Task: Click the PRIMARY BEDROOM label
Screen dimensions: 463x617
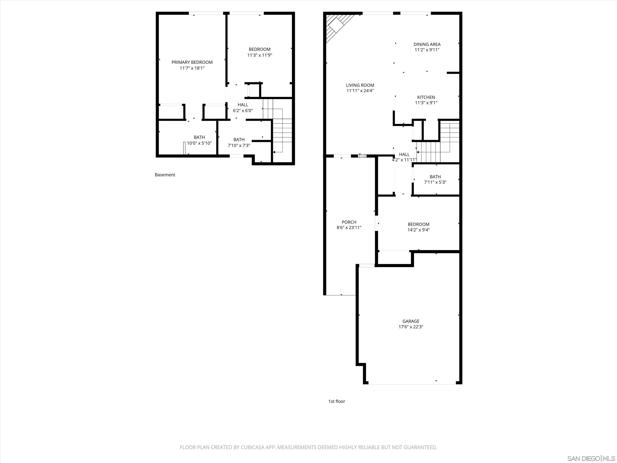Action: click(x=192, y=62)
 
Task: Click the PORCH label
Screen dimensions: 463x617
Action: click(x=349, y=222)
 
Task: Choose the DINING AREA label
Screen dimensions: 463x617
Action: click(x=427, y=44)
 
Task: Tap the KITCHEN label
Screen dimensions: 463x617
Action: click(x=426, y=97)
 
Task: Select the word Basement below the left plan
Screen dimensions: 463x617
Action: click(x=165, y=175)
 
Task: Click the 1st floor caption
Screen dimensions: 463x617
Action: click(x=336, y=401)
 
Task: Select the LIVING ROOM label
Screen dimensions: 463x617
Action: click(x=360, y=85)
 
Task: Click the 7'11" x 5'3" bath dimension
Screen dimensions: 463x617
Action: click(x=435, y=182)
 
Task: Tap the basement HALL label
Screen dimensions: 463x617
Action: click(x=243, y=105)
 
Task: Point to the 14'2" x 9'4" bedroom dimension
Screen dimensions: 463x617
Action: click(x=418, y=230)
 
